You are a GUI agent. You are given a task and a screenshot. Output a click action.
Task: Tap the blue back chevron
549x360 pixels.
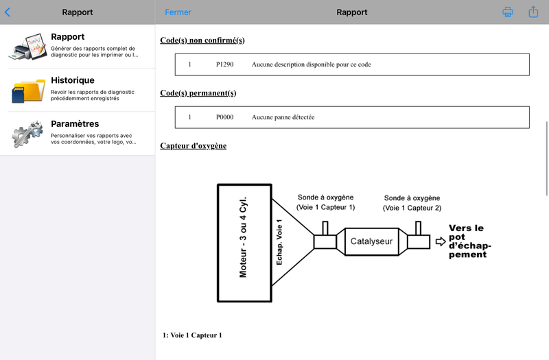8,12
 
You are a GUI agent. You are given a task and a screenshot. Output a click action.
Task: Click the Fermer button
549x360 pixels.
178,12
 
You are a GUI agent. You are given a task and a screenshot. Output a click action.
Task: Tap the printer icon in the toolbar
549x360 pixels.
508,12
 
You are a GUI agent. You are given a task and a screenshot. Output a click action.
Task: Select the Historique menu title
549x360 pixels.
73,80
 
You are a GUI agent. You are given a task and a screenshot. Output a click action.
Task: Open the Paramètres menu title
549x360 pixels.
75,123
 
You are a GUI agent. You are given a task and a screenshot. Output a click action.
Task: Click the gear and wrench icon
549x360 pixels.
27,133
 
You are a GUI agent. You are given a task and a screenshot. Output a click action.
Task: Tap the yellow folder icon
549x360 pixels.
28,91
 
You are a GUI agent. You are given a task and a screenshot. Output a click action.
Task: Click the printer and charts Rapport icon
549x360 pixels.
28,47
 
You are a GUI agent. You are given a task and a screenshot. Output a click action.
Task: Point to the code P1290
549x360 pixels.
224,64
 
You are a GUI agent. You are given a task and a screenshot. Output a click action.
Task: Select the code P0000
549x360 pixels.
224,117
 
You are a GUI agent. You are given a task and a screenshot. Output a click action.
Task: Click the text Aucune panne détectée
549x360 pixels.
283,117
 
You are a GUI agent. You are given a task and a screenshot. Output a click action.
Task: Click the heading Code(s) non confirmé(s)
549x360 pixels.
202,40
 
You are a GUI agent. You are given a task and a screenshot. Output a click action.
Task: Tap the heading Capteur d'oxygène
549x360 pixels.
194,145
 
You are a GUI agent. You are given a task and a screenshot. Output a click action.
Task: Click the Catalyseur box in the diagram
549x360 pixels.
371,241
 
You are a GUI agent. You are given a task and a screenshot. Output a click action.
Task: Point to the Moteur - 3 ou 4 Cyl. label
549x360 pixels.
243,237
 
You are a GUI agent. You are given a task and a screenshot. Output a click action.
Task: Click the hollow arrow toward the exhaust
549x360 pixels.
441,241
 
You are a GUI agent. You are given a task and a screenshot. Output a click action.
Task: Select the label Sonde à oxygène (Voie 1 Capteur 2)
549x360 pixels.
412,203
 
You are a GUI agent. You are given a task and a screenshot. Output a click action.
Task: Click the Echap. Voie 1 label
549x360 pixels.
279,242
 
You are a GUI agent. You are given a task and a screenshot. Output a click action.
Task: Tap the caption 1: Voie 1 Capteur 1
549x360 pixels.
192,335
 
